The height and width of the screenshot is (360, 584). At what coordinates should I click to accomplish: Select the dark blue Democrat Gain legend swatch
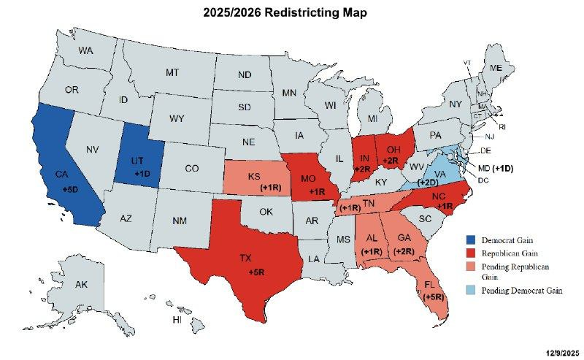click(x=472, y=239)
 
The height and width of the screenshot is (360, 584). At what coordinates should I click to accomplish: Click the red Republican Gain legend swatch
click(x=472, y=252)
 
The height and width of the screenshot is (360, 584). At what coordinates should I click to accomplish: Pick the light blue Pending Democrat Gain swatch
click(x=472, y=291)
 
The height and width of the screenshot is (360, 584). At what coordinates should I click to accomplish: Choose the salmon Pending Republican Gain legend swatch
click(x=472, y=265)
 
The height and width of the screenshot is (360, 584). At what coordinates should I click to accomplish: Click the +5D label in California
click(x=71, y=189)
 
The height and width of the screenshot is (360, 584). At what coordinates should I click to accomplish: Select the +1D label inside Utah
click(x=142, y=173)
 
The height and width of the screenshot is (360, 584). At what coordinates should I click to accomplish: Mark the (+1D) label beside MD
click(x=503, y=168)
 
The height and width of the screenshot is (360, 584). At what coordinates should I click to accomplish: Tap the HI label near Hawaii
click(x=176, y=320)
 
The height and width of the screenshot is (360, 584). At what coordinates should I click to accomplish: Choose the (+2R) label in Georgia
click(x=404, y=251)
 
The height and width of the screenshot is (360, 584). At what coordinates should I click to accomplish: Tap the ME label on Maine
click(x=496, y=67)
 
